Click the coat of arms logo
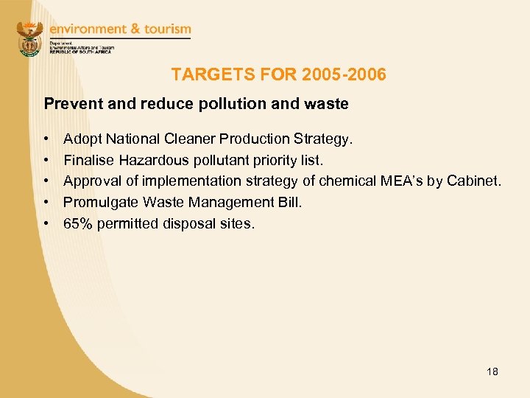(30, 38)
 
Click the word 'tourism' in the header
(166, 29)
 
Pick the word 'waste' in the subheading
(328, 104)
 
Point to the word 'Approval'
(91, 181)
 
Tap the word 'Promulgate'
(99, 202)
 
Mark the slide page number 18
(492, 371)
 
